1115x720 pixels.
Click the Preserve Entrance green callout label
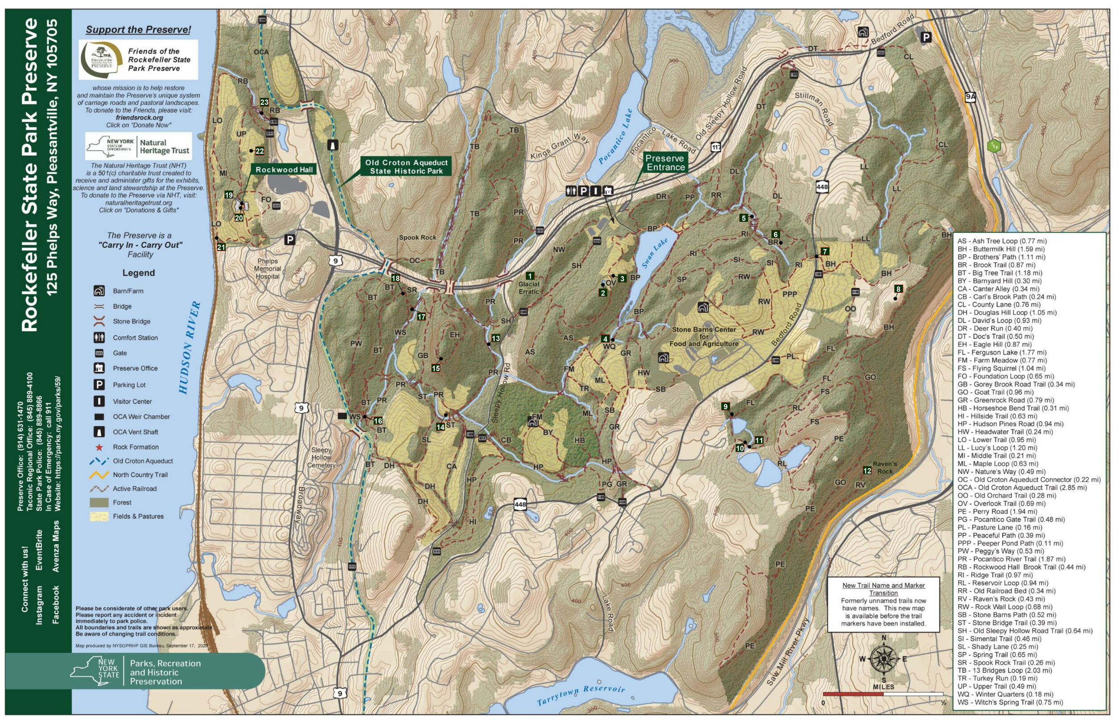pos(665,163)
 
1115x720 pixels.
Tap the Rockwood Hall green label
pos(284,170)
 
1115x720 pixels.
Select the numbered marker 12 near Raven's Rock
pos(867,470)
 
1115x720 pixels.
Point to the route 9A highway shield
pos(970,97)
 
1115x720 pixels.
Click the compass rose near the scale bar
pos(884,659)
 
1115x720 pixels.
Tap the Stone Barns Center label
pos(704,336)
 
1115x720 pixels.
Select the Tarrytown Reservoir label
pos(580,695)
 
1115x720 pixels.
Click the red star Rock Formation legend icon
pos(99,448)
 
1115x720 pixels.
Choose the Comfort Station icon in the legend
pos(99,337)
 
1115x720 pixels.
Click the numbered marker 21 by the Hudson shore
pos(221,247)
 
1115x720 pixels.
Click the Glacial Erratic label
pos(529,288)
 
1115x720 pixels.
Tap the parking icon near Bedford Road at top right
pos(925,37)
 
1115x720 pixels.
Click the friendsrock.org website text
pos(139,118)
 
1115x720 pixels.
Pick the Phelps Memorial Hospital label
pos(268,269)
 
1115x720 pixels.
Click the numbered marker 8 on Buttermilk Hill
pos(898,289)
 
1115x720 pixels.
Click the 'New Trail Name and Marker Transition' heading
pos(884,589)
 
